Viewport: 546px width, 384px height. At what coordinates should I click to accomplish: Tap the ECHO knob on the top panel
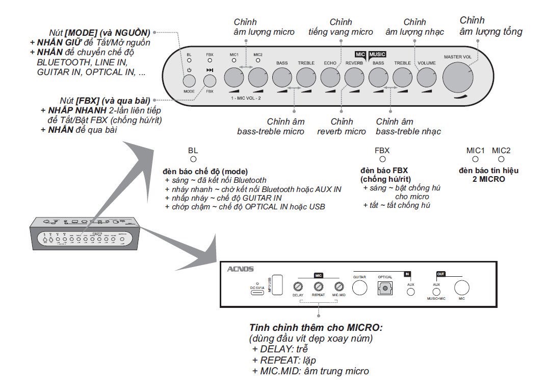coord(330,78)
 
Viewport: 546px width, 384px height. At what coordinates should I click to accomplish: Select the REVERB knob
coord(354,78)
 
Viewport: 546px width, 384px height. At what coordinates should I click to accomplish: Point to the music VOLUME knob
coord(426,78)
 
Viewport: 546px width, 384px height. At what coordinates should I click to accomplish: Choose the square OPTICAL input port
coord(385,288)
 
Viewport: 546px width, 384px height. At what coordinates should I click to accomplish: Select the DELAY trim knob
coord(298,287)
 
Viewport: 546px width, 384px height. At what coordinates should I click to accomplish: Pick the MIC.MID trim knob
coord(339,287)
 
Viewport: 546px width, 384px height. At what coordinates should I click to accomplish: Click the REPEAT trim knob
coord(319,287)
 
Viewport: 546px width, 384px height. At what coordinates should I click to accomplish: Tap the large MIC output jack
coord(462,287)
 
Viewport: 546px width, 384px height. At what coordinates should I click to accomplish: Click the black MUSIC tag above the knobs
coord(378,54)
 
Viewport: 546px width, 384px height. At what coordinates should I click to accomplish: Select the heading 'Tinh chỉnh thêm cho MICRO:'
coord(316,327)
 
